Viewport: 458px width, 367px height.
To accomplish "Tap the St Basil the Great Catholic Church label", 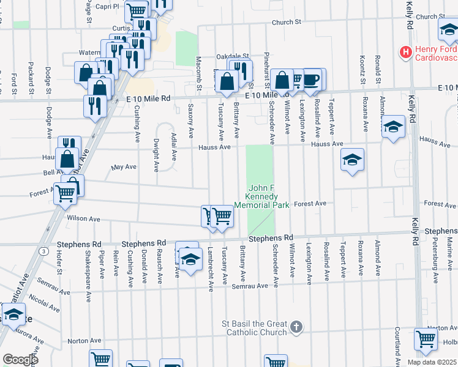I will point(254,328).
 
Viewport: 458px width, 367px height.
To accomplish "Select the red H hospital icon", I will point(405,53).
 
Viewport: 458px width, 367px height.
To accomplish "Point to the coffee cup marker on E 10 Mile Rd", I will point(312,80).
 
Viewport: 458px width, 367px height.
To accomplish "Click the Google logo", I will point(20,360).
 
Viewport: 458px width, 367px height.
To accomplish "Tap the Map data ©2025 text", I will point(432,362).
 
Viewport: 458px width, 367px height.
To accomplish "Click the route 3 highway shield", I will point(44,251).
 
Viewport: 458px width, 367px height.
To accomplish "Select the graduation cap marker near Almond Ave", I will point(393,127).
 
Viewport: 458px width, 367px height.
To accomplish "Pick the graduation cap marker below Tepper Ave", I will point(352,160).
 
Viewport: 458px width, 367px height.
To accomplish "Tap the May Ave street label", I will point(123,167).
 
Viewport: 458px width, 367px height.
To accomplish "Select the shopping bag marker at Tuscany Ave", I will point(227,82).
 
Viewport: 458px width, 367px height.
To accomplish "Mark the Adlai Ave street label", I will point(174,147).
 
